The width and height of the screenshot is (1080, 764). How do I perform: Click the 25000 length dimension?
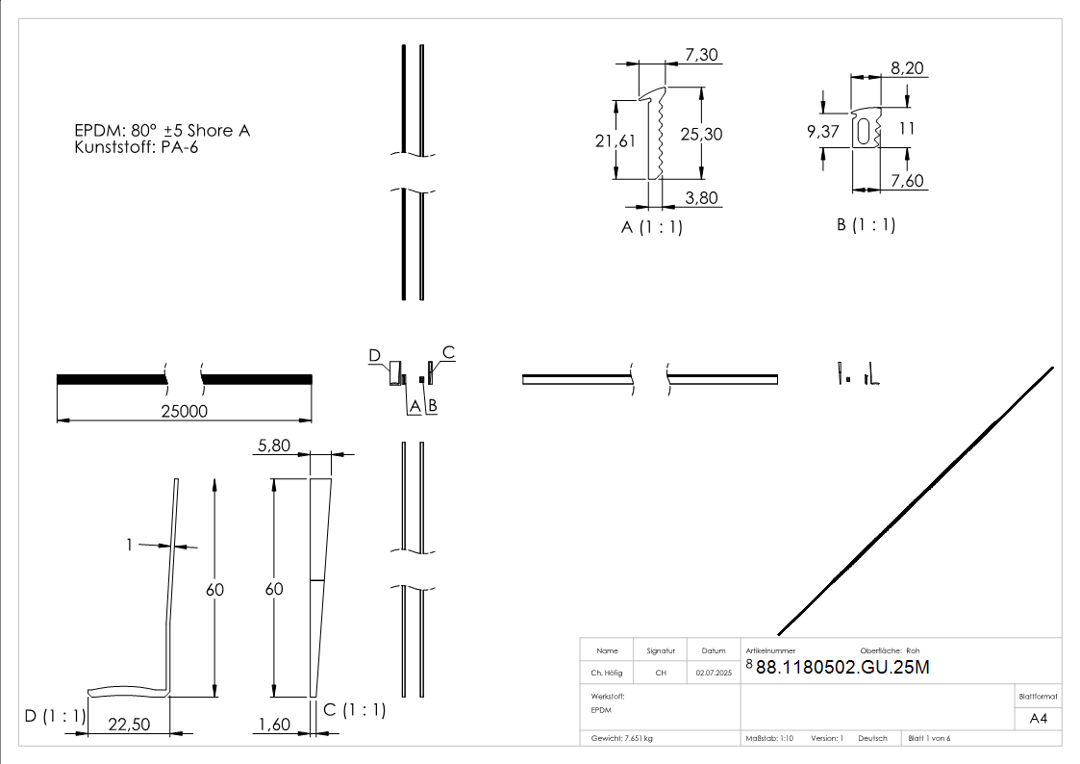click(x=184, y=410)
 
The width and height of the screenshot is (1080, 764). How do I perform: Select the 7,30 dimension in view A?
click(x=701, y=55)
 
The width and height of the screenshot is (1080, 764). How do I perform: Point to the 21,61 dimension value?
click(x=615, y=140)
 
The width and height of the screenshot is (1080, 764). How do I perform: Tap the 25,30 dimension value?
click(x=701, y=134)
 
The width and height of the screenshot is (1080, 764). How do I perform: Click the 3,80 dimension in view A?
click(x=701, y=197)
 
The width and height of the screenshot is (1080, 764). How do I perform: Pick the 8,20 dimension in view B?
click(x=908, y=68)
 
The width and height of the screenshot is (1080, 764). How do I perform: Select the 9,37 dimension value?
click(x=824, y=132)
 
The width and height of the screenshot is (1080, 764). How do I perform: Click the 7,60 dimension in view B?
click(x=908, y=181)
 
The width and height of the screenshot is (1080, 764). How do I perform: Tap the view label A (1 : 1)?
click(x=651, y=227)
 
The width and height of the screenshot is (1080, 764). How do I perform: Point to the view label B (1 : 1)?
click(x=866, y=225)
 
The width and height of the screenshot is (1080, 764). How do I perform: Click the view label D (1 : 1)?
click(x=56, y=715)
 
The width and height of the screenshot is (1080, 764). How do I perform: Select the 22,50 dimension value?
click(x=129, y=725)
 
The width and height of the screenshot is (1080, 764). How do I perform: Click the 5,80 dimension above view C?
click(x=274, y=446)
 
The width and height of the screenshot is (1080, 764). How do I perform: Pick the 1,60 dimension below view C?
click(x=274, y=725)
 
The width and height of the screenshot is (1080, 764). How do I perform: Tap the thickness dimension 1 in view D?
click(x=129, y=545)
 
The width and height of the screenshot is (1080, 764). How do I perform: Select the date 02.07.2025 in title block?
click(x=713, y=673)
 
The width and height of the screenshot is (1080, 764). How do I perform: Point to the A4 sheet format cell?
click(x=1039, y=718)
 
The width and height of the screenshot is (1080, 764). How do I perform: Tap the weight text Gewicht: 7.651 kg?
click(x=622, y=738)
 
